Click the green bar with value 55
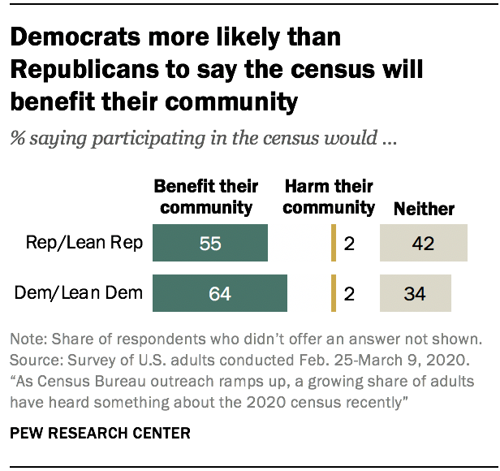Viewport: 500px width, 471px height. (210, 244)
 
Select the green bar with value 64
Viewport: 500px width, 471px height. (220, 293)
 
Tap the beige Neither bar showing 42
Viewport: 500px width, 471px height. (423, 244)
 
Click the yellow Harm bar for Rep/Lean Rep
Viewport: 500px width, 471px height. (333, 244)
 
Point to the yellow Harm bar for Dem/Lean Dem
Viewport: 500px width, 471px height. (333, 293)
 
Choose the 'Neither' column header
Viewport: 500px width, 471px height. (424, 209)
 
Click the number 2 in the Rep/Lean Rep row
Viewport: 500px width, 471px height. (349, 244)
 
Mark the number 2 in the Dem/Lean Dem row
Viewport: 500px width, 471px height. (349, 294)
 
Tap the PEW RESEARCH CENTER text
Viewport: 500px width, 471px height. (101, 433)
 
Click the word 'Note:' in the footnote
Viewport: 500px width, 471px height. (29, 338)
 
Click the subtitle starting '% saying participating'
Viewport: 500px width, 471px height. (203, 138)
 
